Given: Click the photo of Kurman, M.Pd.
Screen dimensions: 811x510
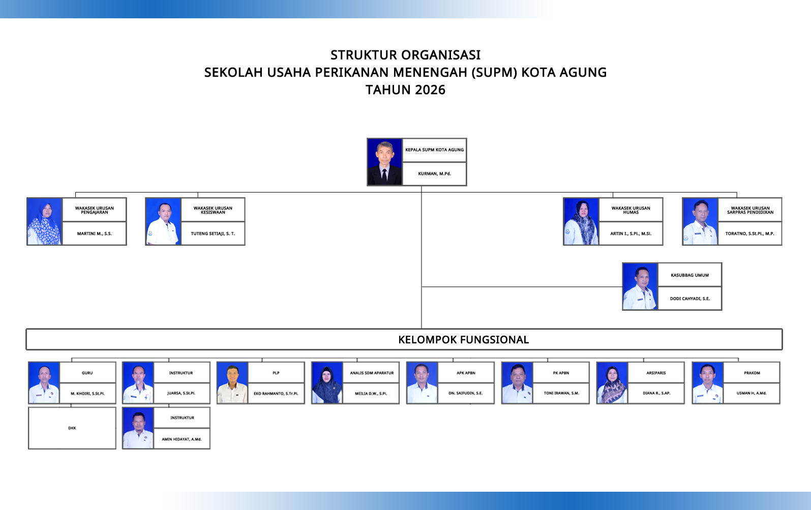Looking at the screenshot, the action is [384, 162].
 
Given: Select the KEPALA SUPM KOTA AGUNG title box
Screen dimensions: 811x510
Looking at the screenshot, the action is [434, 150].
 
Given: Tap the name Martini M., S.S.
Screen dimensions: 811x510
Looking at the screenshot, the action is [94, 234].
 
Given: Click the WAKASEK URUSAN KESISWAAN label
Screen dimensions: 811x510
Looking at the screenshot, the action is [213, 210].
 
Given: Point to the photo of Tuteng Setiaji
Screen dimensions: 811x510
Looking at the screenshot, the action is [163, 221].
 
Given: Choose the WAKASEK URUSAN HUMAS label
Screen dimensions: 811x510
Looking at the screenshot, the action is [630, 210].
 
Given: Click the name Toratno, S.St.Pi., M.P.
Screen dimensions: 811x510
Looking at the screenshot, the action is [750, 234].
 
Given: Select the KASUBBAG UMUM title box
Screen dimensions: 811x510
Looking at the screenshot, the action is [689, 275].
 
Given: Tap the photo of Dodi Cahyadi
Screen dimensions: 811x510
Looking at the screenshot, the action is [640, 286].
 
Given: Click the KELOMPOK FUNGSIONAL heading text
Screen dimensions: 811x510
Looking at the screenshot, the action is [463, 340].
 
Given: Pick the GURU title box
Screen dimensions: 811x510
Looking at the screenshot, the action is [87, 372].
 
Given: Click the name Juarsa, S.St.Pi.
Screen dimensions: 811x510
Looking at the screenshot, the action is [181, 393].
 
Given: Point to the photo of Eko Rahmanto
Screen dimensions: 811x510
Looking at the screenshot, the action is [232, 382].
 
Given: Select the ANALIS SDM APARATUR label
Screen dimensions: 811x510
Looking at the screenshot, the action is [372, 373].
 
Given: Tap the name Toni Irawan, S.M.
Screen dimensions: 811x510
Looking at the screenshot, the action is [561, 393].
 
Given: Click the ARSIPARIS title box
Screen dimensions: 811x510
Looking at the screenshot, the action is [656, 372].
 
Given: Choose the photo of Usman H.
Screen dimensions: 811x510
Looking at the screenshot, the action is [707, 382].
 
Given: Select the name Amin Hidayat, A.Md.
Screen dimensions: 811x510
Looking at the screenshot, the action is [182, 439].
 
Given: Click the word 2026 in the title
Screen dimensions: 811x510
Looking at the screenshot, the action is [430, 90].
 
